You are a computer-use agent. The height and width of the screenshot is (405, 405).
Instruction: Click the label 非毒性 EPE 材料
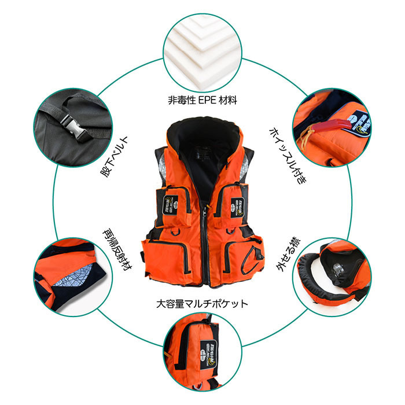[x=203, y=100]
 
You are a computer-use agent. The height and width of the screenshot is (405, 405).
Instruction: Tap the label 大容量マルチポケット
[x=202, y=304]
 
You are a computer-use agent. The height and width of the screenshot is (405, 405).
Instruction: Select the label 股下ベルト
[x=114, y=157]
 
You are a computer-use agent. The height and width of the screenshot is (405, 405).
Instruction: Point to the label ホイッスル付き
[x=288, y=156]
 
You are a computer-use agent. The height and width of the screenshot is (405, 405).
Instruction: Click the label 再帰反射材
[x=117, y=249]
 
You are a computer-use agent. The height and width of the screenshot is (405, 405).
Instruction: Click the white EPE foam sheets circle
[x=203, y=53]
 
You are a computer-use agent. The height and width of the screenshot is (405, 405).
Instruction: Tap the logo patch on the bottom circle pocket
[x=209, y=354]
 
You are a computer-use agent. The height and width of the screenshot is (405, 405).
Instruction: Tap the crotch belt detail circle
[x=73, y=127]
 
